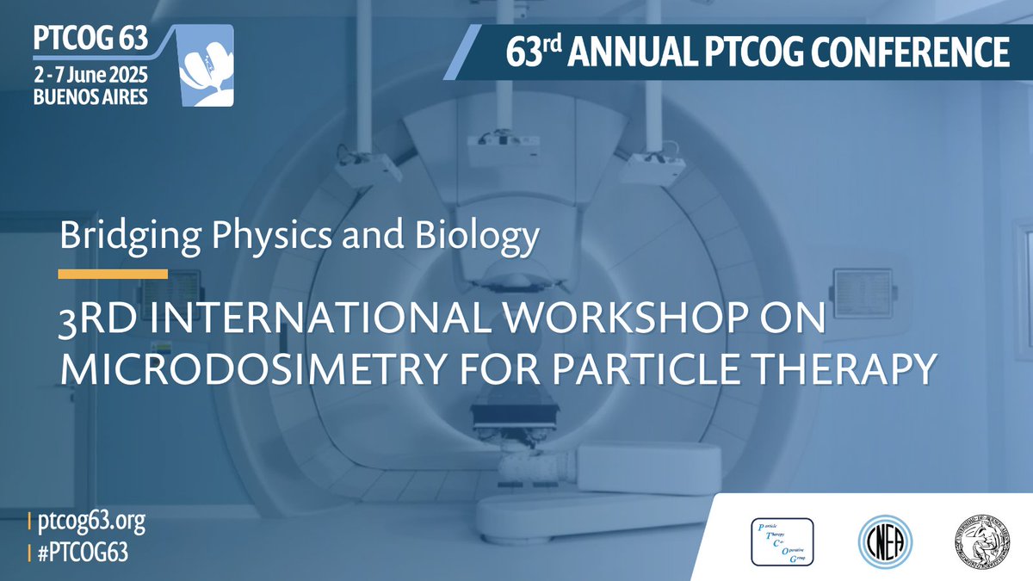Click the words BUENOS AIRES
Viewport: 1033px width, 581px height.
point(89,96)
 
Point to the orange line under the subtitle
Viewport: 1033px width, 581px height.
point(112,275)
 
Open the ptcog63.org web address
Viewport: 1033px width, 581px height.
point(86,521)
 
